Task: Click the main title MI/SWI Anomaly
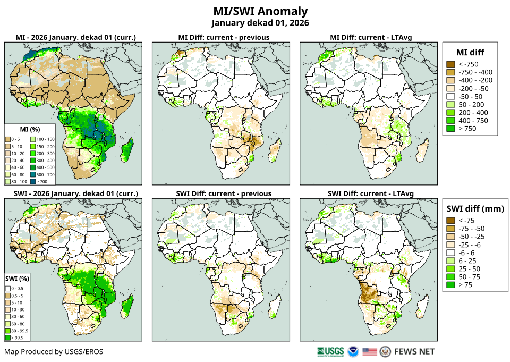pos(260,11)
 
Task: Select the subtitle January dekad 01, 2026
pos(260,23)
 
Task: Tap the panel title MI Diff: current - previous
pos(223,37)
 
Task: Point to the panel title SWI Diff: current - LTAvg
pos(371,193)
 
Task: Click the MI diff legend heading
pos(470,52)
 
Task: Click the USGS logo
pos(330,351)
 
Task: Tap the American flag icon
pos(370,351)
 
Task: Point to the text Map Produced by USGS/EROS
pos(54,351)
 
